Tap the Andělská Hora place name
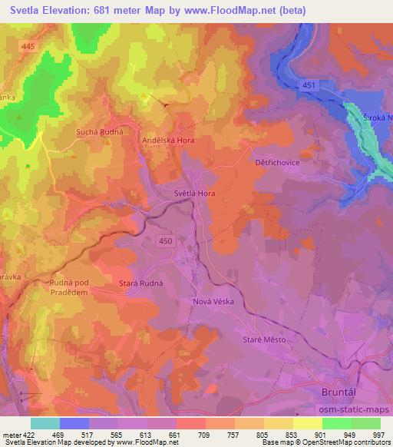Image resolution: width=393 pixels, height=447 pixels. point(170,141)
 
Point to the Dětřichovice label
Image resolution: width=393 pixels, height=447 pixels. point(276,163)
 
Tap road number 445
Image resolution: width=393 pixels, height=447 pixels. point(29,47)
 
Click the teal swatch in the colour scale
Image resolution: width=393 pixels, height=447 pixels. point(45,423)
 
